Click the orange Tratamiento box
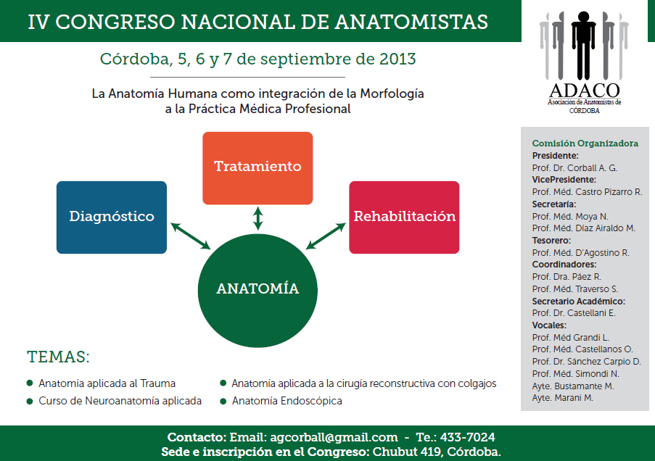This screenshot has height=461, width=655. (258, 168)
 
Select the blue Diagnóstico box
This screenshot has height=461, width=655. (112, 217)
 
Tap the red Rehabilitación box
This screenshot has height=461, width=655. (404, 217)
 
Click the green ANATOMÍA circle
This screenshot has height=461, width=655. (258, 291)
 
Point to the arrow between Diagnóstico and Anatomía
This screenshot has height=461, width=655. (191, 236)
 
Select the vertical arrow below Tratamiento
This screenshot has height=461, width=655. (258, 218)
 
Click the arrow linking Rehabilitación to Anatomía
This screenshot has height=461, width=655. (326, 236)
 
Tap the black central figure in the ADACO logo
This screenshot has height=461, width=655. (584, 45)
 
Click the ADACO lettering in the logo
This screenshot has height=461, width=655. (585, 90)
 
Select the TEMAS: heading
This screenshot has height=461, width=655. (59, 357)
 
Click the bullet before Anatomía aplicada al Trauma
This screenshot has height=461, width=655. (30, 383)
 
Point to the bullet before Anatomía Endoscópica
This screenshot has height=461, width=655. (223, 401)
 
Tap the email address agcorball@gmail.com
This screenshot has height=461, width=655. (334, 437)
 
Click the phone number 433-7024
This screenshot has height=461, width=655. (467, 437)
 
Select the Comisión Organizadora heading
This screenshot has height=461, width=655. (585, 144)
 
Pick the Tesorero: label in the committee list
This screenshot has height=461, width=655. (551, 241)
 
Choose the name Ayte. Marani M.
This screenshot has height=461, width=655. (562, 398)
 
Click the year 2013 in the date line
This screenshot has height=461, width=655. (397, 59)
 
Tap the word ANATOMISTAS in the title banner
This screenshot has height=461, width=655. (411, 22)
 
